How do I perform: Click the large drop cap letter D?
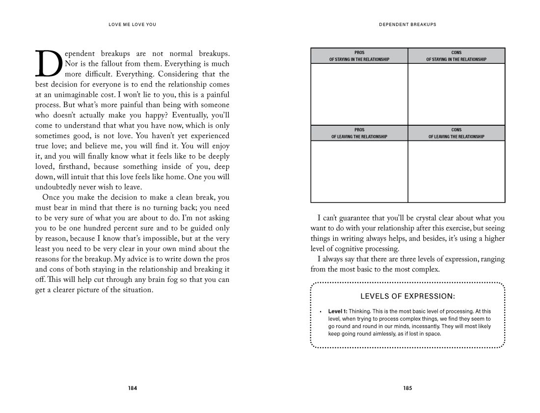click(x=49, y=64)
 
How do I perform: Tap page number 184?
click(x=133, y=388)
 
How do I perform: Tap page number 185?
click(x=407, y=388)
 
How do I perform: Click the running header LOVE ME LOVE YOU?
click(x=133, y=24)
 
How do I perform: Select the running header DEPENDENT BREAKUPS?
click(x=407, y=24)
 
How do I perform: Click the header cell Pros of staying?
click(x=359, y=55)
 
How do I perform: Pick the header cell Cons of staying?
click(x=457, y=55)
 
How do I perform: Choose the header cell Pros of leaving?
click(x=359, y=133)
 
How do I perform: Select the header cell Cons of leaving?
click(x=457, y=133)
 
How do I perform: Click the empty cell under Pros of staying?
click(x=359, y=94)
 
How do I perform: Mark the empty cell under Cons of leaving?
click(x=457, y=171)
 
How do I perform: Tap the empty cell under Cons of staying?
click(x=457, y=94)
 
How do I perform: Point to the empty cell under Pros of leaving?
click(x=359, y=171)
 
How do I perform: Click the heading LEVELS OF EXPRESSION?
click(x=407, y=296)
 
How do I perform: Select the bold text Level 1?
click(x=338, y=311)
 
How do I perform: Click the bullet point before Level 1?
click(x=320, y=312)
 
